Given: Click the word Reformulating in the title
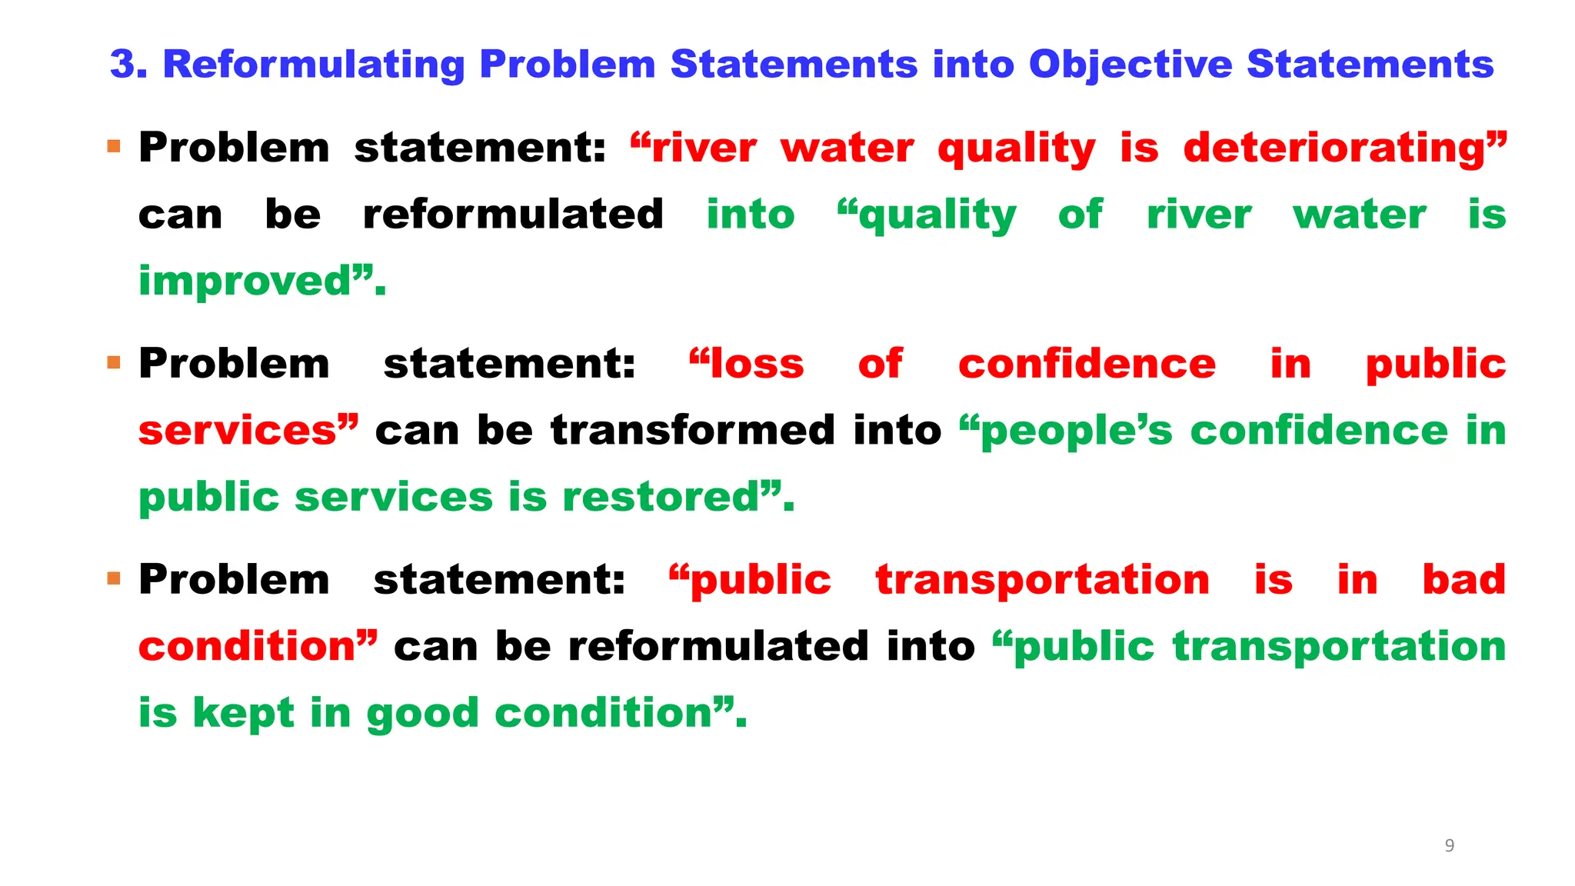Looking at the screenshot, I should (x=314, y=65).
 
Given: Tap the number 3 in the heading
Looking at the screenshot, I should (x=127, y=65).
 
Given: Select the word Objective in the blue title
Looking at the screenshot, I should (x=1130, y=65).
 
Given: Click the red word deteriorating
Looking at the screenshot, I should (x=1336, y=148).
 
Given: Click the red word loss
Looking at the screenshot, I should (x=757, y=364).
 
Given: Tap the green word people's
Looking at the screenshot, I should (x=1077, y=431).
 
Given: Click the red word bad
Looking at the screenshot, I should (x=1463, y=580).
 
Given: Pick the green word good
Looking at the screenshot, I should (x=422, y=714).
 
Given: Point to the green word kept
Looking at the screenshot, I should (x=243, y=714).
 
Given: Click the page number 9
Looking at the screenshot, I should (x=1450, y=846).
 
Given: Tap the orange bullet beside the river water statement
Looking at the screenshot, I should (x=115, y=146).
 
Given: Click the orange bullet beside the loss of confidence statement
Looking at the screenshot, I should (x=115, y=362).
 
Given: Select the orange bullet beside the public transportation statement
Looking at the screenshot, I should (x=115, y=578).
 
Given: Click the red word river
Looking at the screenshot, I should (x=704, y=148).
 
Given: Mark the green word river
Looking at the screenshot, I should (x=1199, y=215).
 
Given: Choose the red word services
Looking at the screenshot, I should (x=238, y=431).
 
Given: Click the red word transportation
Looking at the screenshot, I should (x=1043, y=580).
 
